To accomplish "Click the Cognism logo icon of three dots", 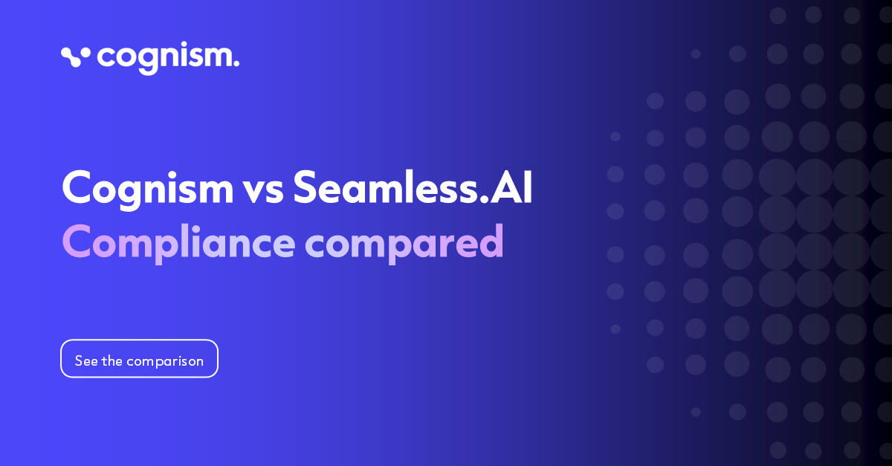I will tap(75, 56).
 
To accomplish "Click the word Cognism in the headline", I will tap(147, 188).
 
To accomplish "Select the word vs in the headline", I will tap(263, 190).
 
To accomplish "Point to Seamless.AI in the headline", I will tap(413, 188).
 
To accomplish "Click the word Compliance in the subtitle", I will tap(178, 243).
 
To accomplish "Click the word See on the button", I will tap(86, 360).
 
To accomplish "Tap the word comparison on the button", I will tap(165, 361).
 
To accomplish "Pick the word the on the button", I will tap(112, 360).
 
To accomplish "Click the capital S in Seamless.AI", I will tap(308, 188).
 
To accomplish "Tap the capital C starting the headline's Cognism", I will tap(78, 188).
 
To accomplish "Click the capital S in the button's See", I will tap(79, 360).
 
